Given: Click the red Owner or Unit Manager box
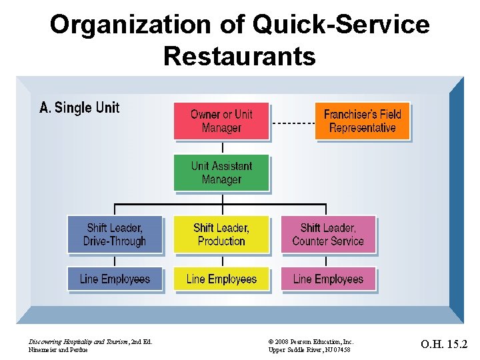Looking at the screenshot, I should tap(221, 121).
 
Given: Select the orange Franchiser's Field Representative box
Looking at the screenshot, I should tap(362, 121).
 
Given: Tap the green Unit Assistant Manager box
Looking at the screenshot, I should tap(221, 173).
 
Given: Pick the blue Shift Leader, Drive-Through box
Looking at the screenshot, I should tap(115, 235).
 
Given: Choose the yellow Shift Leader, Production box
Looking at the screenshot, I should tap(221, 235).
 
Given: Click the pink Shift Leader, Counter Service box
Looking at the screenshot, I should tap(328, 235).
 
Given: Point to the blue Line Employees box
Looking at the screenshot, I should tap(115, 279).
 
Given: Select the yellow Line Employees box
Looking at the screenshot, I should tap(221, 279).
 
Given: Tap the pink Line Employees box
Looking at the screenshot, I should tap(328, 279).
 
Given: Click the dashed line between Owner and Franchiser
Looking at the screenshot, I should tap(292, 123).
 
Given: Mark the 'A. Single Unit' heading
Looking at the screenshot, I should tap(79, 107).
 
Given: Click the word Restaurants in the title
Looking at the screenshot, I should tap(239, 56).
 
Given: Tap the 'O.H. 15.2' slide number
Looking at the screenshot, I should tap(444, 345).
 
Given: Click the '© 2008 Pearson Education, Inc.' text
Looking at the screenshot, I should tap(311, 341).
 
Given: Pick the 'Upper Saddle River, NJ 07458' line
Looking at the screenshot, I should tap(311, 350).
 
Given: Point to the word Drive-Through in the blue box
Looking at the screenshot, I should tap(115, 241).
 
